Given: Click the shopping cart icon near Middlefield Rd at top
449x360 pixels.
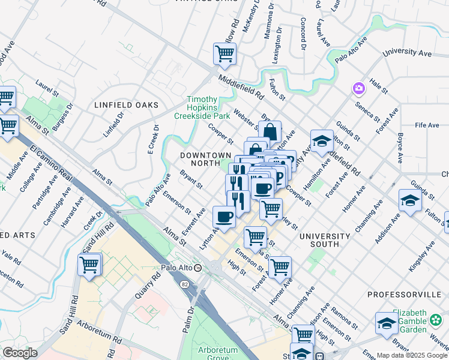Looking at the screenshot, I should (x=224, y=54).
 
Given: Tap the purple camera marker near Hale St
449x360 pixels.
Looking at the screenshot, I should (x=358, y=89).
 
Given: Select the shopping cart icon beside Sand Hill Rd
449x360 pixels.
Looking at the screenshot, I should (x=89, y=264).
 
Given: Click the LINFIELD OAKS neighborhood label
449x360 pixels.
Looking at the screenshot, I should (x=126, y=105).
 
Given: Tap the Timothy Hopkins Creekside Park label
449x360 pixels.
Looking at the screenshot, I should (x=202, y=107).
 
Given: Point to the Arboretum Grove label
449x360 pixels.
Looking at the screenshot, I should (x=218, y=354).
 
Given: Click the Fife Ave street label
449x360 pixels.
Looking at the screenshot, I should (x=427, y=125).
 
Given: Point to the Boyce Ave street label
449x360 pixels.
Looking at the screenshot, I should (x=399, y=149).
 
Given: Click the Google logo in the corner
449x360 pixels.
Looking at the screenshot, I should (x=19, y=353).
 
